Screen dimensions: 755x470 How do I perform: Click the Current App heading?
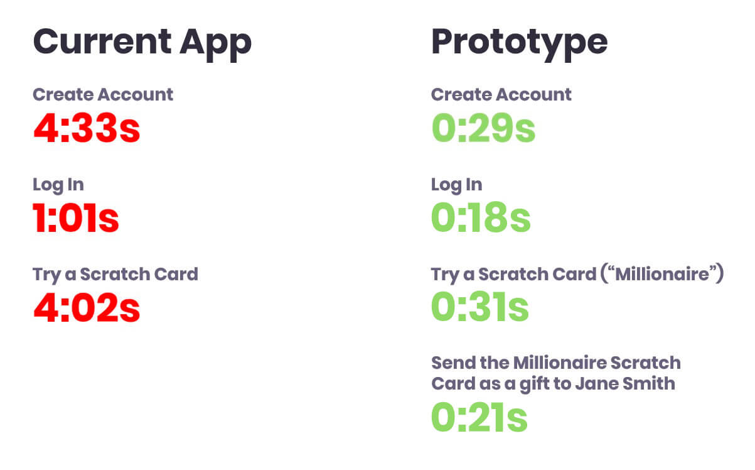tap(142, 44)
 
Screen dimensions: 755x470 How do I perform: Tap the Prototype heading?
tap(520, 44)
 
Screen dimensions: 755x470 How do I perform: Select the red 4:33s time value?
tap(87, 128)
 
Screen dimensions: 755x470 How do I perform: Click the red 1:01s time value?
tap(76, 217)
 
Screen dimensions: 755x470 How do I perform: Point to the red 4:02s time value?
tap(87, 307)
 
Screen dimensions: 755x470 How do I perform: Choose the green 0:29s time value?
tap(483, 128)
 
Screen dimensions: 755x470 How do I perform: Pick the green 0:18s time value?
tap(481, 217)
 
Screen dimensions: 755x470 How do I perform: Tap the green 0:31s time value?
tap(480, 307)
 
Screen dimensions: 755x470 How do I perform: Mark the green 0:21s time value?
tap(479, 417)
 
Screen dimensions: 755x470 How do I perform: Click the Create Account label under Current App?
tap(103, 94)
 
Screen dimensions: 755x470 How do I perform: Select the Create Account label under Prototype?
tap(501, 94)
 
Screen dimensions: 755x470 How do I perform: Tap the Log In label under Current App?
tap(58, 185)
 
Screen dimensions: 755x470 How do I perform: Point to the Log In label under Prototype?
tap(457, 185)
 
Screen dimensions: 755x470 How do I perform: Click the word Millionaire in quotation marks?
tap(662, 274)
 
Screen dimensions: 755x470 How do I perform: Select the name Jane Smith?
tap(625, 384)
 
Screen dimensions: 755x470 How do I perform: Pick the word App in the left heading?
tap(216, 45)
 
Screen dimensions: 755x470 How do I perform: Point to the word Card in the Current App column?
tap(176, 274)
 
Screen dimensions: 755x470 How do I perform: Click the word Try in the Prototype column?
tap(445, 275)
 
